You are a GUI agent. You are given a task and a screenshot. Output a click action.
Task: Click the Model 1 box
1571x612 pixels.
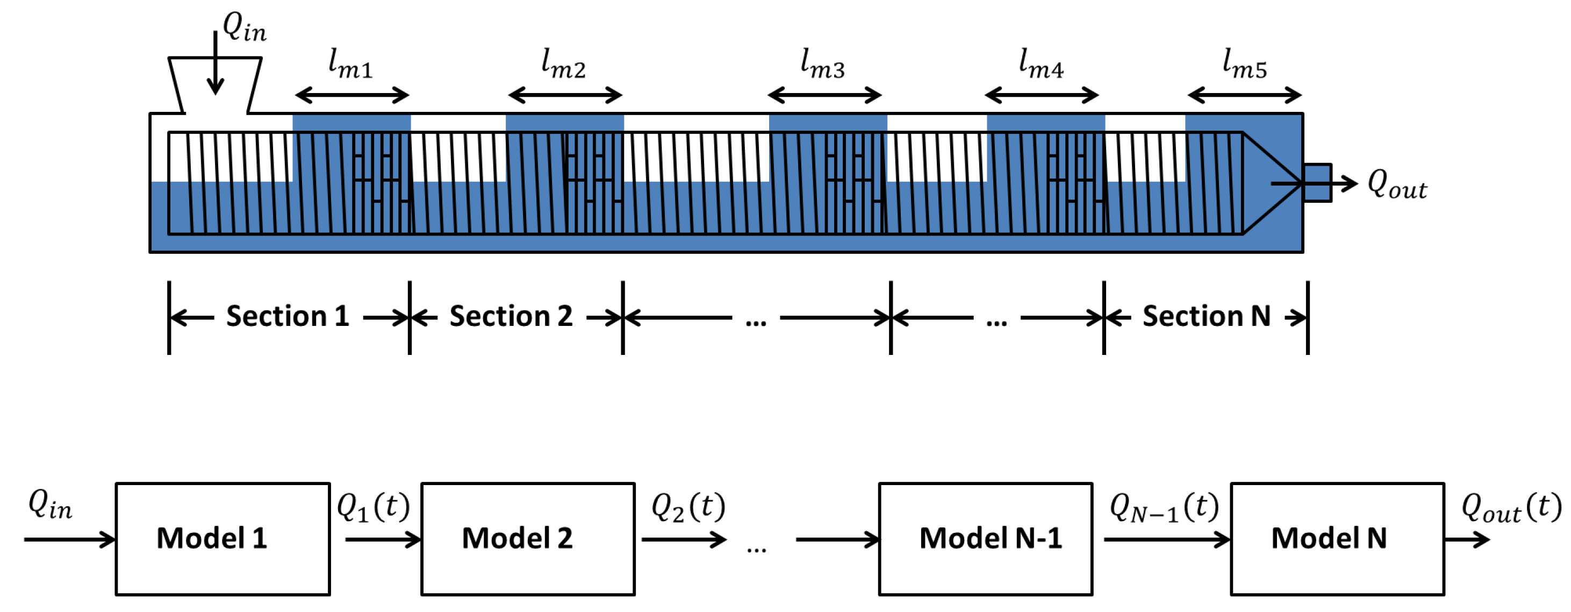223,539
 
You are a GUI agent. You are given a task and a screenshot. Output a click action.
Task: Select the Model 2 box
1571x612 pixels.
528,539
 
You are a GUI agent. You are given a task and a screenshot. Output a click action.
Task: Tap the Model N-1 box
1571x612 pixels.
985,539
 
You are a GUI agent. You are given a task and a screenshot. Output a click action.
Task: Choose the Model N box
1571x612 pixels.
1337,539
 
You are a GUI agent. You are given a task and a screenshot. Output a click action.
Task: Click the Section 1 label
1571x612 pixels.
287,316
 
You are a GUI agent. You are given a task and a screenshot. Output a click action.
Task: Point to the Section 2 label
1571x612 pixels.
511,316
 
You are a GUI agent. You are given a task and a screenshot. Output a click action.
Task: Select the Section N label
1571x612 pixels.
1206,316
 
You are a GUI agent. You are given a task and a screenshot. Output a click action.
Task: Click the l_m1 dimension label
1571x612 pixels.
350,65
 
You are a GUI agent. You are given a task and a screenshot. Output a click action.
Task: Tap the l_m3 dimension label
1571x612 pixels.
822,65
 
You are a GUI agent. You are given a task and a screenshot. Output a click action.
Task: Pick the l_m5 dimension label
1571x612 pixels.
1244,65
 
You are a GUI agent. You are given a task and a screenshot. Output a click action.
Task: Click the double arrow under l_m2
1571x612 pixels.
565,95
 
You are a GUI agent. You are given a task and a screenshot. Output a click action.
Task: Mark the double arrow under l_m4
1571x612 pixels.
1042,95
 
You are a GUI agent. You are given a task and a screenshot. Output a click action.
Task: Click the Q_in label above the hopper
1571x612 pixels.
244,28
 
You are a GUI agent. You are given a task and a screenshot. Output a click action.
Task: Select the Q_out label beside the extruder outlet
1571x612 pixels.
1396,184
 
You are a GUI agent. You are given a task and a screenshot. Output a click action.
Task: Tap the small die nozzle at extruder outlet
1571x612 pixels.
1317,182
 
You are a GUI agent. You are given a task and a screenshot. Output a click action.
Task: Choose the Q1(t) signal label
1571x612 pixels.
372,507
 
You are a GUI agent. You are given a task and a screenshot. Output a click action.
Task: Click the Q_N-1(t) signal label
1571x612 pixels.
1164,507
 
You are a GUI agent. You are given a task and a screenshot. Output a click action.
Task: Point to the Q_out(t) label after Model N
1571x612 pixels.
1511,507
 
